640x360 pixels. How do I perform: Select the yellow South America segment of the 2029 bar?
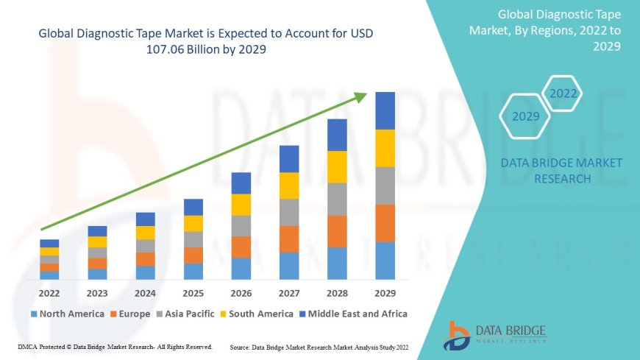385,148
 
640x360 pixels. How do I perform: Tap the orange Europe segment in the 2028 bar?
337,231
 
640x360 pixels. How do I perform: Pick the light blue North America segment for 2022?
49,275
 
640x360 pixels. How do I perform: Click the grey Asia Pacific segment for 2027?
289,212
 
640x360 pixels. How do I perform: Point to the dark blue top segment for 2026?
241,183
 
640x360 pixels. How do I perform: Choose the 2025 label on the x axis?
193,293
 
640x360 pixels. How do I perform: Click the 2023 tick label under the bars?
97,293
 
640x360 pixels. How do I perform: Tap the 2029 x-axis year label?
385,293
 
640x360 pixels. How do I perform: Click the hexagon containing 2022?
563,94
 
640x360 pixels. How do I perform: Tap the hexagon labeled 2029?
526,116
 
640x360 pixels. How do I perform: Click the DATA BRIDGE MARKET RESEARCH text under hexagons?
562,171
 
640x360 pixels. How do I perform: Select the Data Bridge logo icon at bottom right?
457,335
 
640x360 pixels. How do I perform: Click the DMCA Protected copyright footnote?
114,346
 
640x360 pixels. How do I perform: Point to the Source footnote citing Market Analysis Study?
319,346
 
